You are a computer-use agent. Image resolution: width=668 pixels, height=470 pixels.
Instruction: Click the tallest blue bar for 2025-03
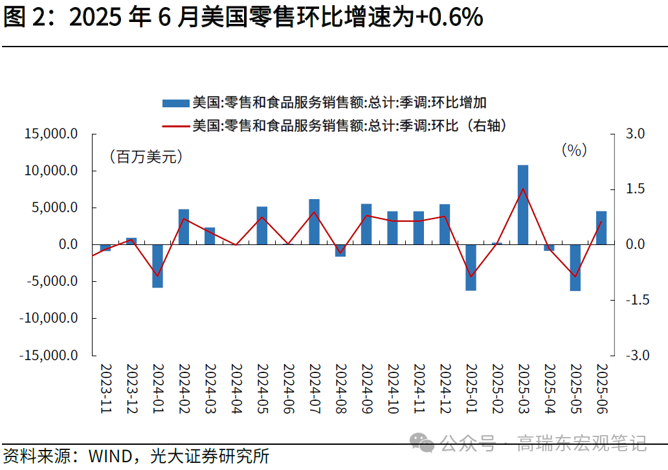point(522,205)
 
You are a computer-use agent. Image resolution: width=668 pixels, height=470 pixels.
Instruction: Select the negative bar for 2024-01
point(157,266)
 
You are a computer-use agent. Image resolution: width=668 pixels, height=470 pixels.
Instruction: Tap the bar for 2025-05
point(575,268)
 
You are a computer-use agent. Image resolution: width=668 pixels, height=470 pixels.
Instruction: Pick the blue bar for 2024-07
point(314,222)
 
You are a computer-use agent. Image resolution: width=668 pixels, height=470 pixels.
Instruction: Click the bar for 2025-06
point(601,228)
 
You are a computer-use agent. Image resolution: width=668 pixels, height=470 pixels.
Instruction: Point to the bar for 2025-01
point(471,268)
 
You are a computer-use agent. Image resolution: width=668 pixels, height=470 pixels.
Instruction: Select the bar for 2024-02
point(184,227)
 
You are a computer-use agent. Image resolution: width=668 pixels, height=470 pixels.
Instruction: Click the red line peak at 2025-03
point(522,189)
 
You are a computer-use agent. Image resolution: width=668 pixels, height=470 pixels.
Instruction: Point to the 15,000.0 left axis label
point(51,134)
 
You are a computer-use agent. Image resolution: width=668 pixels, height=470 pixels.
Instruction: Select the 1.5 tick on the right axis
point(636,189)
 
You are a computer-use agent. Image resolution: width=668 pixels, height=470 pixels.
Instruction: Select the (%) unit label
point(574,151)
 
